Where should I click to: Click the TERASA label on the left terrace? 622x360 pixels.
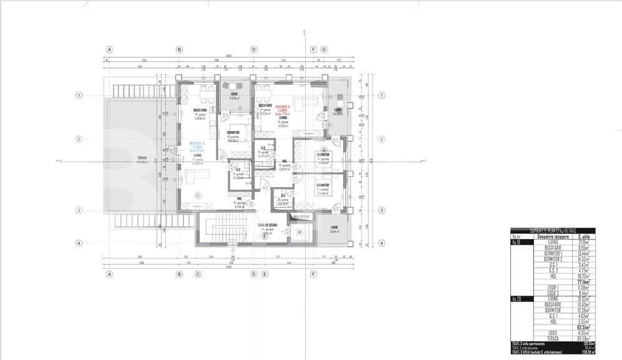142,158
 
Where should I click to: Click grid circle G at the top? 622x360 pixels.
324,49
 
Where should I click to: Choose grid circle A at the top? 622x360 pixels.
109,49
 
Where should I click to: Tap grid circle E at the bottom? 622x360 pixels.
265,273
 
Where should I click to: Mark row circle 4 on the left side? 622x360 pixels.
79,243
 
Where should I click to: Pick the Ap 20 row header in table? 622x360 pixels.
516,299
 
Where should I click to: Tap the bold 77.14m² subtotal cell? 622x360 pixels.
584,282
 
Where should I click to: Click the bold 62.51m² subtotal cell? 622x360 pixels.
584,326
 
